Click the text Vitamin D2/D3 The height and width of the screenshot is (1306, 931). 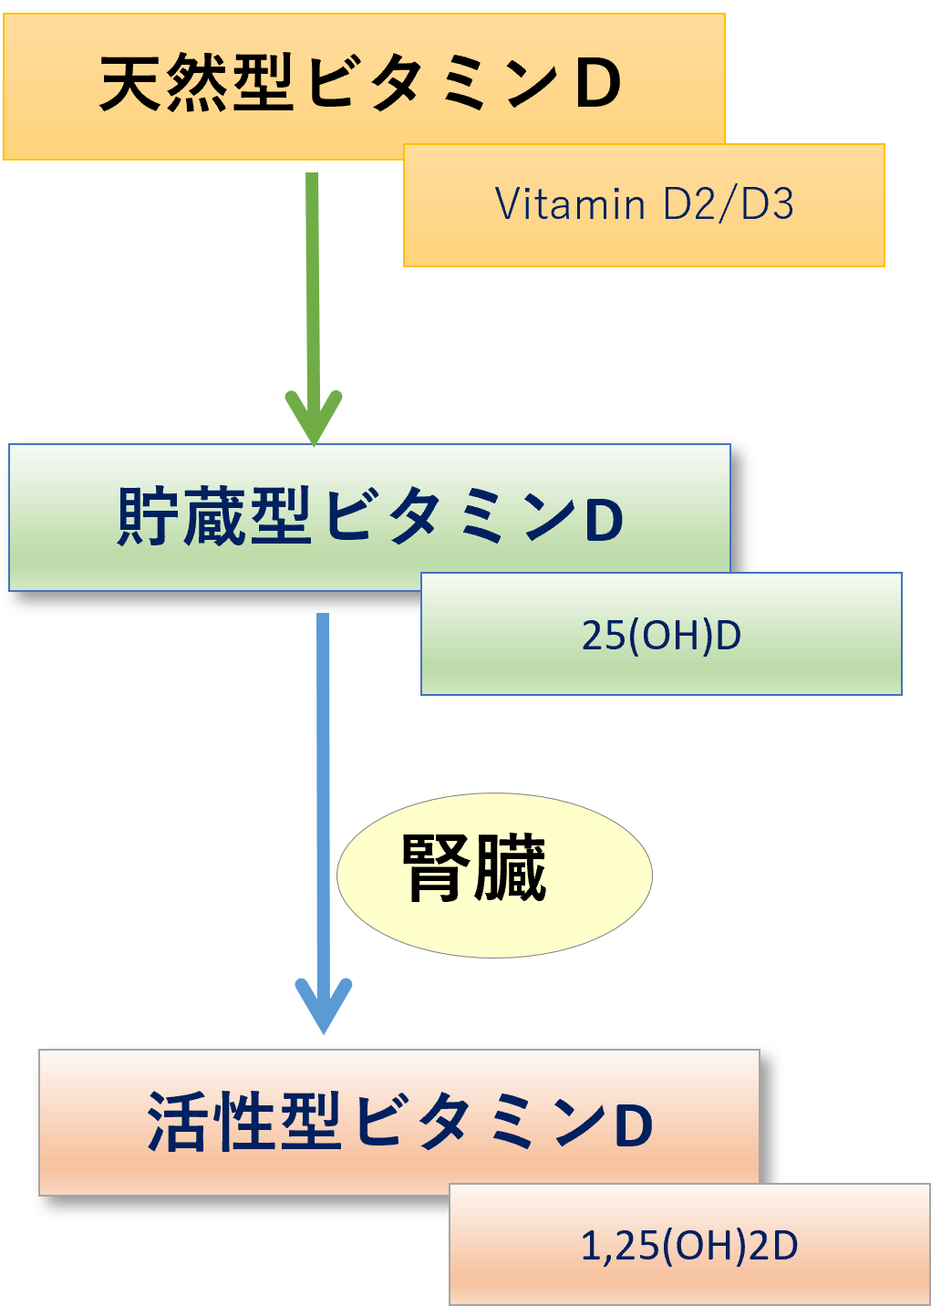(x=644, y=204)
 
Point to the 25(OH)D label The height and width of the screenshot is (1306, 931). (x=661, y=635)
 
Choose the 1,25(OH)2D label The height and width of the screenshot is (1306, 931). (x=689, y=1246)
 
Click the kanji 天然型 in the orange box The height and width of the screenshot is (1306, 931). (x=196, y=83)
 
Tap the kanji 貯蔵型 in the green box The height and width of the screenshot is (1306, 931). (x=214, y=517)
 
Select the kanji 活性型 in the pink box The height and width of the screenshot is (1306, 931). (x=243, y=1122)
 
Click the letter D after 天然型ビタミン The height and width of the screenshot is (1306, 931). (x=597, y=84)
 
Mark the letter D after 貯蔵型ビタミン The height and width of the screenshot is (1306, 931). (x=603, y=520)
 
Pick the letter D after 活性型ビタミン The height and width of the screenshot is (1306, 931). (x=633, y=1125)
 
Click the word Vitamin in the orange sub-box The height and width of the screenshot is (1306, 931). (x=570, y=204)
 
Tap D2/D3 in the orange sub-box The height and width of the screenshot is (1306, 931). (x=728, y=204)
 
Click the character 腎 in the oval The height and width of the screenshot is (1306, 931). (x=436, y=868)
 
